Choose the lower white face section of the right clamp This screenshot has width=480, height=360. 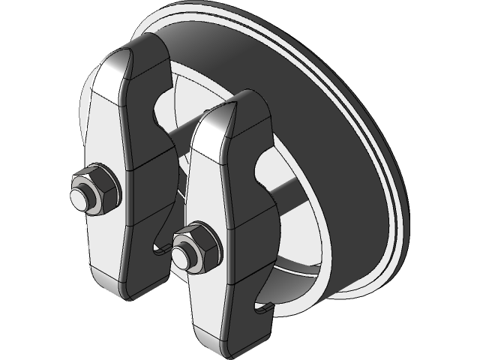(210, 307)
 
